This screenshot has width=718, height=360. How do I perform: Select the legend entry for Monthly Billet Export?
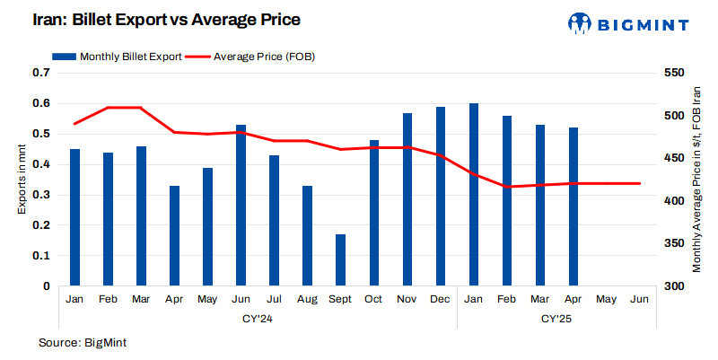[118, 57]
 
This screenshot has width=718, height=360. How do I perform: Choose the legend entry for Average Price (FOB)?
[251, 57]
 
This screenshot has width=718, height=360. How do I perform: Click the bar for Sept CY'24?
[340, 260]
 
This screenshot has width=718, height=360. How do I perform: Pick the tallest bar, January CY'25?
[474, 195]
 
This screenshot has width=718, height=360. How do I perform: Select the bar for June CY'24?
[241, 206]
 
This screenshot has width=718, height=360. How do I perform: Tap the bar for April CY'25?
[574, 206]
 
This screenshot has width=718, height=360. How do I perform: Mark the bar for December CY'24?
[441, 197]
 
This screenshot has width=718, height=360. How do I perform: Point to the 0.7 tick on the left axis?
[41, 73]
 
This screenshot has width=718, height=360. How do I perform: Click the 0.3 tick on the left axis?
[41, 195]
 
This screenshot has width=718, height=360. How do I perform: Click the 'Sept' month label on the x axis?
[340, 299]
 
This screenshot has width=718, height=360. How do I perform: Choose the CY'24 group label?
[258, 319]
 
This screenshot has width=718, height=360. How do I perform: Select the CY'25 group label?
[556, 319]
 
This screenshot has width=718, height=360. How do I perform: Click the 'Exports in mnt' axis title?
[22, 180]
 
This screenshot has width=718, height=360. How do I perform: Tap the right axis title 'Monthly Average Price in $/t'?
[696, 180]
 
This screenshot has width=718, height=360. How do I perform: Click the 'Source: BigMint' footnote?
[85, 343]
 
